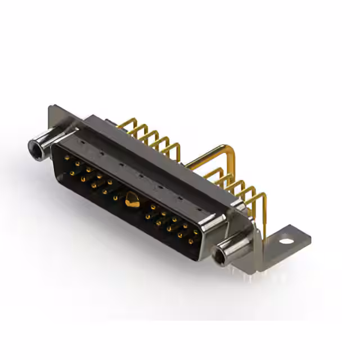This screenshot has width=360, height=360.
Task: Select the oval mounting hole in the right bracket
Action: coord(287,241)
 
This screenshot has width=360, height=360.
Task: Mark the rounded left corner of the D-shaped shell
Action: coord(56,147)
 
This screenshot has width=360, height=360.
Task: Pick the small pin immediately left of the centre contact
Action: coord(116,197)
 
